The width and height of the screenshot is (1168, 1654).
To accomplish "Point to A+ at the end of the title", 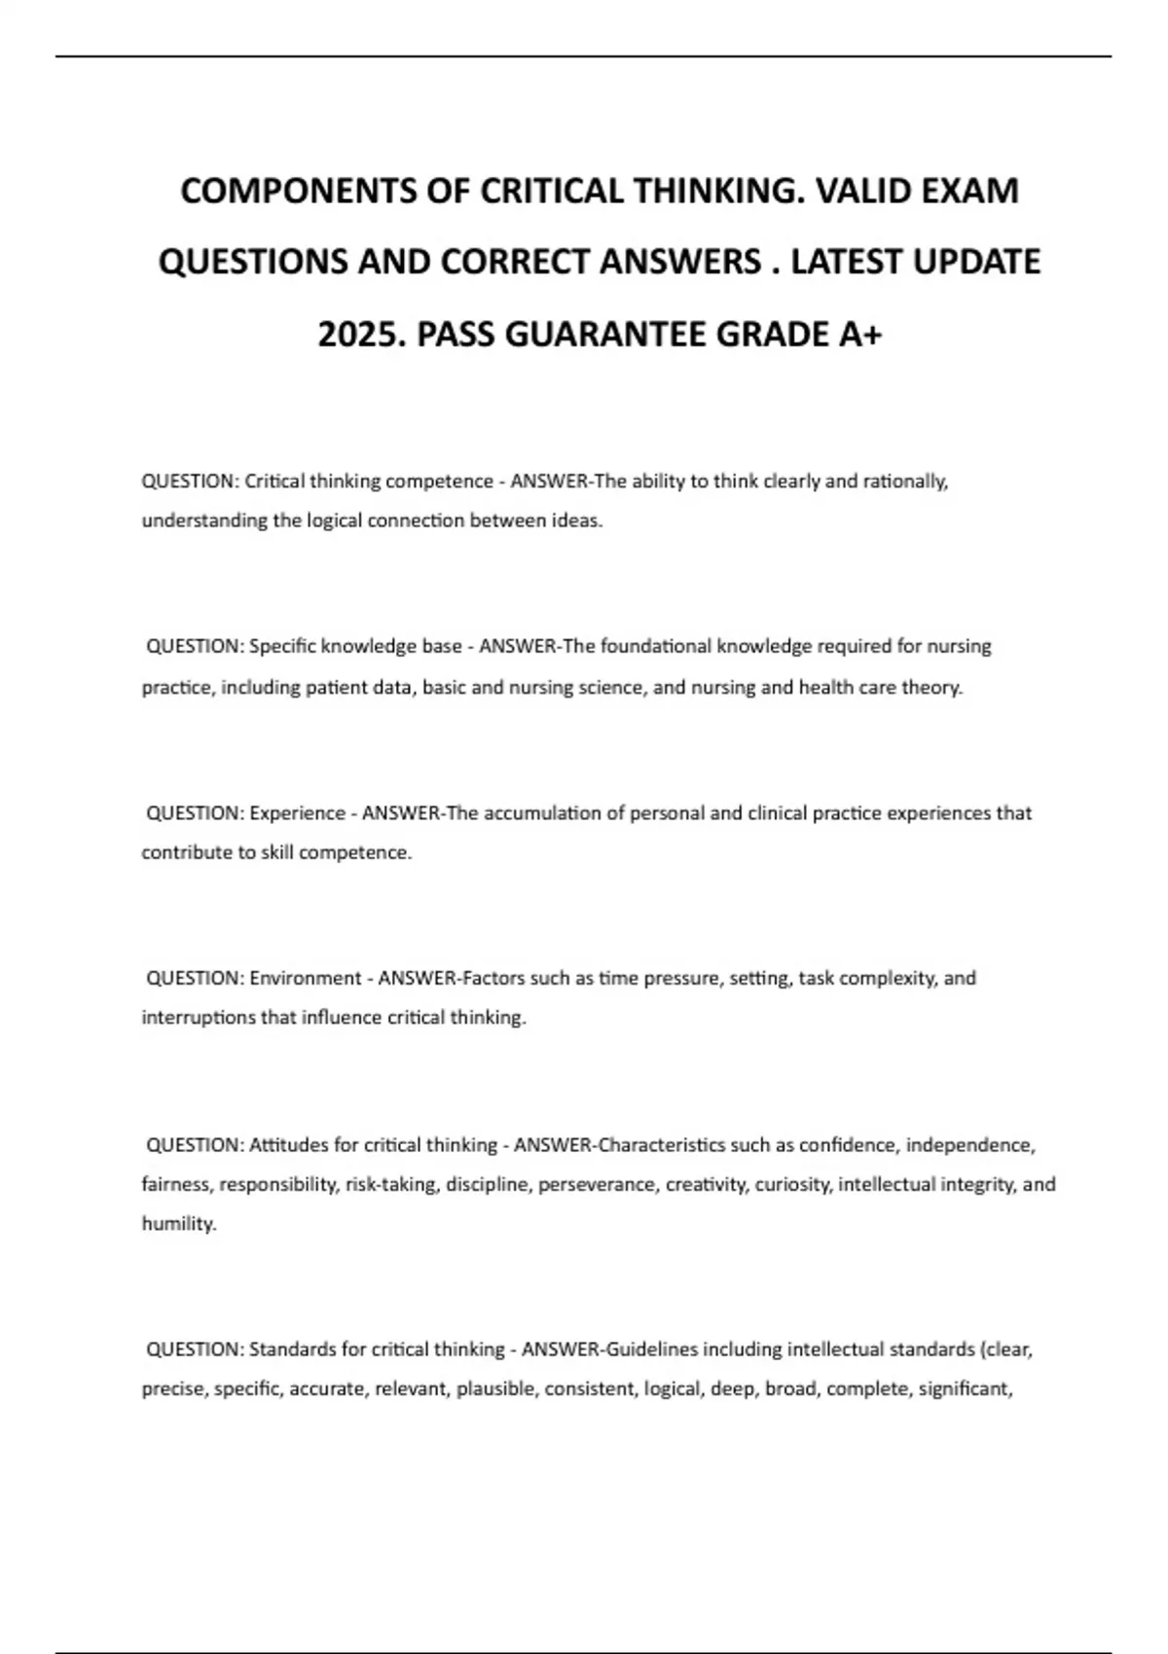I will pos(859,335).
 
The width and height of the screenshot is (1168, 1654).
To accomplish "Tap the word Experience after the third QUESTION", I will pos(297,813).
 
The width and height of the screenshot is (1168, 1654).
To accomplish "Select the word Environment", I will pos(305,978).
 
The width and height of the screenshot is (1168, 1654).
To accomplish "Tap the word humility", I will pos(178,1224).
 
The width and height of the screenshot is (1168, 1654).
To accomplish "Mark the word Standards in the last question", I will pos(293,1349).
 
